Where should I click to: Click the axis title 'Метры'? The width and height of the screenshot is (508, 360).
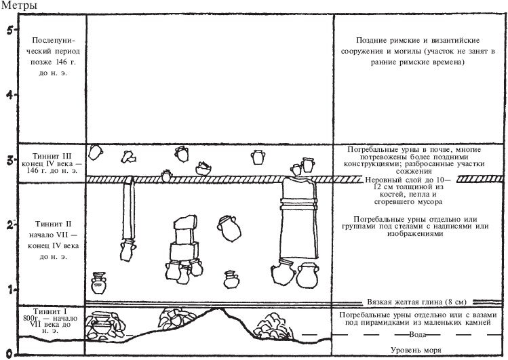click(x=19, y=5)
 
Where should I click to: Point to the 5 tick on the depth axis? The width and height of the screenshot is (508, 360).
click(x=10, y=30)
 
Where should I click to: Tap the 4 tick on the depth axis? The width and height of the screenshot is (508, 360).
click(x=10, y=95)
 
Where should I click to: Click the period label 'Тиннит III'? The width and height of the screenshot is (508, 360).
click(x=52, y=157)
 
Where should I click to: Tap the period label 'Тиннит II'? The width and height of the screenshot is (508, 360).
click(x=53, y=224)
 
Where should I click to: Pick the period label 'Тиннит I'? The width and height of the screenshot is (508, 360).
click(x=52, y=311)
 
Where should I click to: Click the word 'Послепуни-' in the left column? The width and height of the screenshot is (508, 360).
click(x=53, y=41)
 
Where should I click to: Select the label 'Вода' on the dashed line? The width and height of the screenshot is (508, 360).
click(x=418, y=334)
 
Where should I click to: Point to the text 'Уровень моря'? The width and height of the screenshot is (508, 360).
click(x=416, y=350)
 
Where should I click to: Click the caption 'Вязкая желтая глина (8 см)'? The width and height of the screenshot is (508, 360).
click(x=416, y=302)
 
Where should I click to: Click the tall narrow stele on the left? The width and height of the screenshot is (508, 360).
click(x=129, y=209)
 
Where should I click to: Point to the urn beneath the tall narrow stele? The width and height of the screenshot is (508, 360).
click(x=127, y=251)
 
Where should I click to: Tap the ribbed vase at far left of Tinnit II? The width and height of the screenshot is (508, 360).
click(x=98, y=283)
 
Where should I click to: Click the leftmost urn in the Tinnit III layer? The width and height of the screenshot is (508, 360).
click(x=96, y=152)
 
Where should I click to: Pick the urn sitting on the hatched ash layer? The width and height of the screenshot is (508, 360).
click(x=167, y=176)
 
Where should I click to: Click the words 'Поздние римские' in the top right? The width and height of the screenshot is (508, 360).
click(x=386, y=41)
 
